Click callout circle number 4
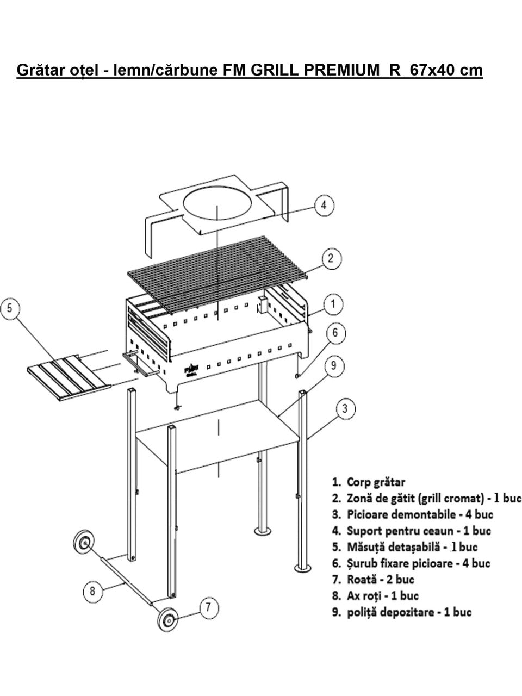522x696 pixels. point(324,206)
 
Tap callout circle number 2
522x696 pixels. point(331,258)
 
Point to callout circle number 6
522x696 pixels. point(335,332)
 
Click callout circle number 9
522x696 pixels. point(334,366)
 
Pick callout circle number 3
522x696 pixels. point(345,408)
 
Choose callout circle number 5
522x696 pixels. point(11,310)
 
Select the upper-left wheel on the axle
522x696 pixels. point(84,543)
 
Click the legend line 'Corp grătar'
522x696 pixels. point(369,482)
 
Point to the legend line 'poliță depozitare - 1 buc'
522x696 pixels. point(401,612)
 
